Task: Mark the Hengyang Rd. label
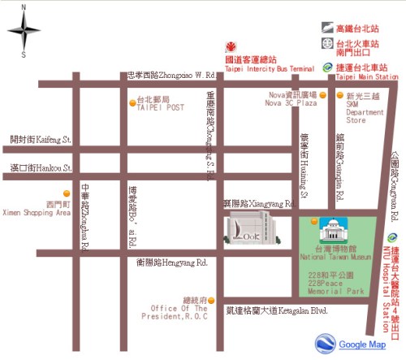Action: click(172, 262)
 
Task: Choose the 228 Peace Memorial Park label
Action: click(335, 284)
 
